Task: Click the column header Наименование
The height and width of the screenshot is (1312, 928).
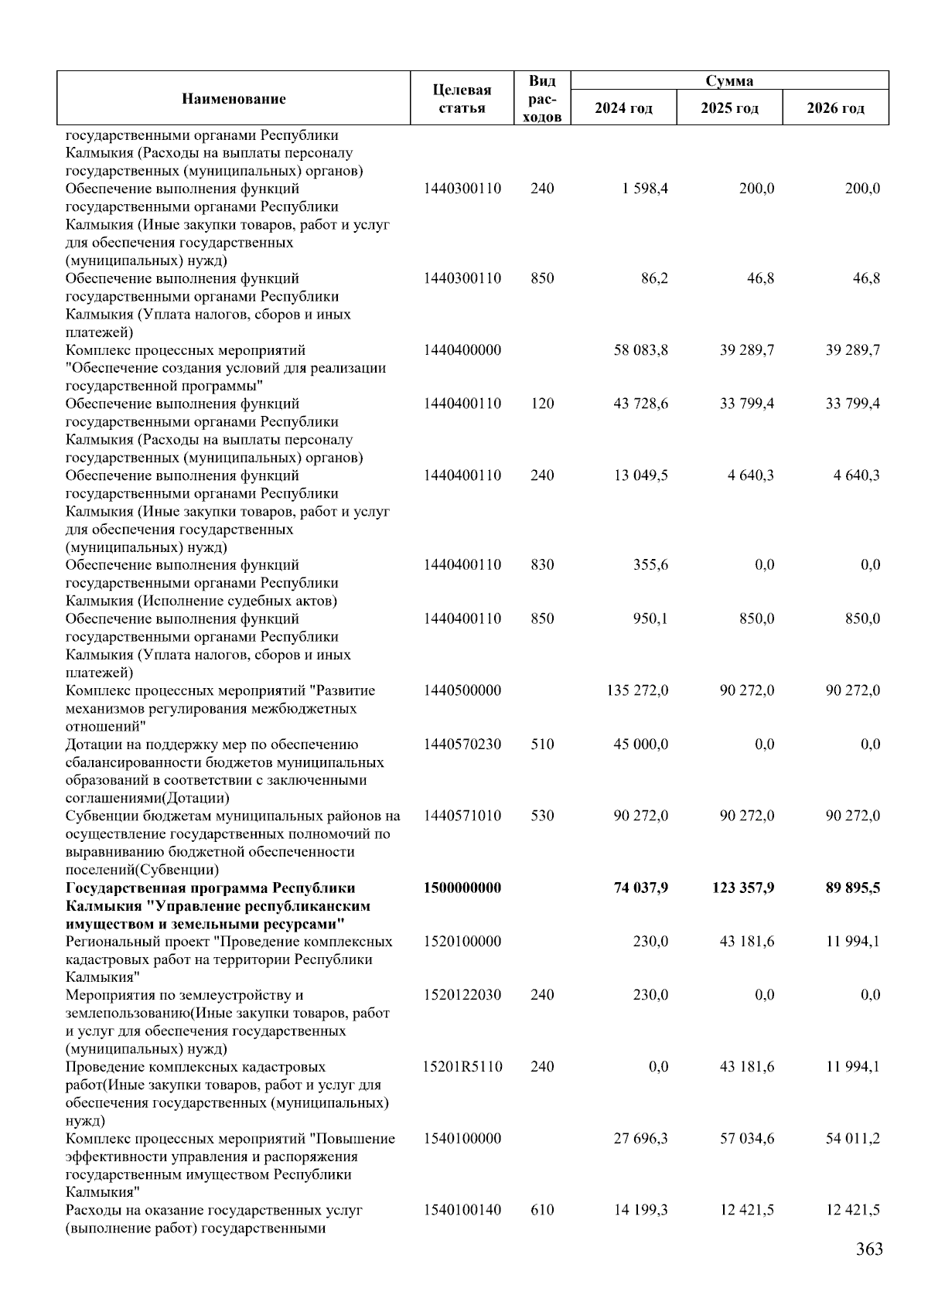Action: point(234,99)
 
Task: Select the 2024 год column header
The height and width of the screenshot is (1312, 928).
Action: point(623,108)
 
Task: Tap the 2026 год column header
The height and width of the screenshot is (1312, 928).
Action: point(835,108)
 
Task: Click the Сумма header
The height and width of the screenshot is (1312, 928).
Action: point(729,81)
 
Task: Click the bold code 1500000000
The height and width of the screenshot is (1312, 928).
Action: point(462,888)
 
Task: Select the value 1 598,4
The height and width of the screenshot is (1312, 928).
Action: point(642,189)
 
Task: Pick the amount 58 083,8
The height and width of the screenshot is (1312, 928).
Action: point(640,350)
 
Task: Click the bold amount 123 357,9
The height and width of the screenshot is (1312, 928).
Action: point(742,888)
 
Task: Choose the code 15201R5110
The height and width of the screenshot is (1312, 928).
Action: point(462,1067)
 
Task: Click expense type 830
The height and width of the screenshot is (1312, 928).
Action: point(542,565)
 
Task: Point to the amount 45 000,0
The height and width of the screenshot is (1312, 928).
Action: point(640,745)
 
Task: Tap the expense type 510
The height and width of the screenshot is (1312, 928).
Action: point(542,745)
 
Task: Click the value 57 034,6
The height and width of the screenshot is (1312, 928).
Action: point(746,1139)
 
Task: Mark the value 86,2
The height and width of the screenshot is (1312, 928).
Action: point(654,278)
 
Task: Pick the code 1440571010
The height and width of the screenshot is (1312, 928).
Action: point(462,816)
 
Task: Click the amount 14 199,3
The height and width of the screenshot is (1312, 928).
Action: point(640,1210)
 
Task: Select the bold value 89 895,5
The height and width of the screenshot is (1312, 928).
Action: point(852,888)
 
